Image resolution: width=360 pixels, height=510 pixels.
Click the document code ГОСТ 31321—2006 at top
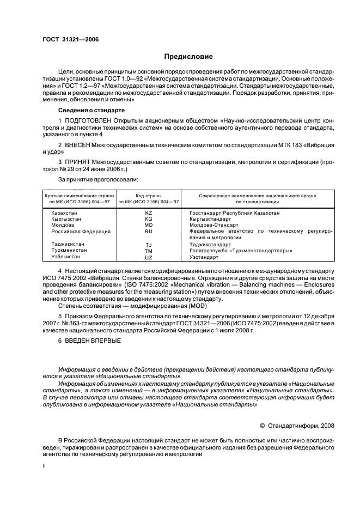point(68,39)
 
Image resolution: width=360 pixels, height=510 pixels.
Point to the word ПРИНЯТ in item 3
point(77,162)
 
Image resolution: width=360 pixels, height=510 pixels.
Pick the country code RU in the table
point(149,231)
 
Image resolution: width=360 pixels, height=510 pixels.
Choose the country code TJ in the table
point(149,245)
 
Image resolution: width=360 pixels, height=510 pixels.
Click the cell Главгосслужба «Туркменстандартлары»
point(233,251)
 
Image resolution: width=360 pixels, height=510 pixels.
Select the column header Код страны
point(149,195)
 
